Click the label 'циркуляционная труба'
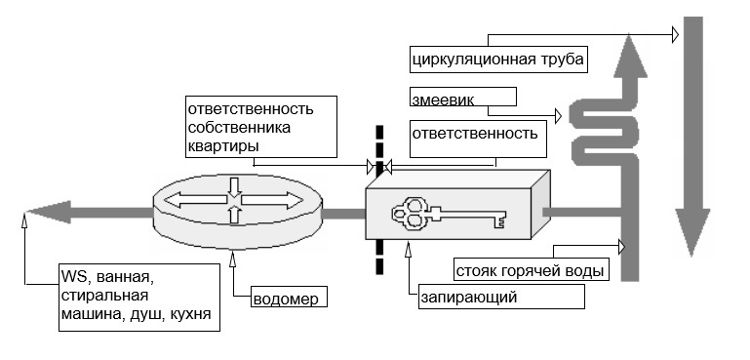click(498, 60)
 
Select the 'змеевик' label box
click(463, 97)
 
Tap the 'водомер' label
click(285, 300)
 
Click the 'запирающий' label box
click(501, 297)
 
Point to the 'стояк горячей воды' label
click(531, 271)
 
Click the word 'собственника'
click(239, 128)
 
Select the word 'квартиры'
click(223, 145)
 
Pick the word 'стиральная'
click(104, 296)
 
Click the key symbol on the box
click(449, 214)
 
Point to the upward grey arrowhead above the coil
click(630, 56)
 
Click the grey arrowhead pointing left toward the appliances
click(49, 212)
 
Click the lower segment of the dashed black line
click(379, 257)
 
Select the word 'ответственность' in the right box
click(475, 133)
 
